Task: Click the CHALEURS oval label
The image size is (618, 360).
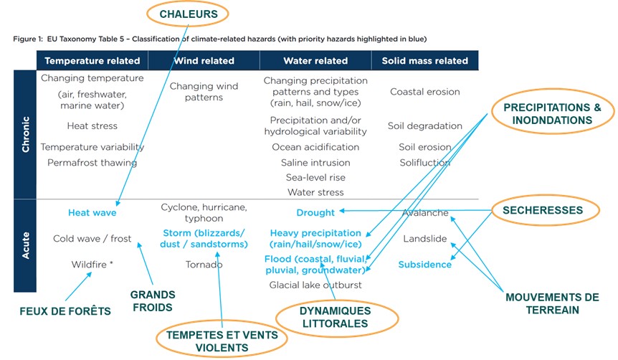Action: (x=188, y=14)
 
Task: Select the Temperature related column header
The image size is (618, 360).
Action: (x=92, y=61)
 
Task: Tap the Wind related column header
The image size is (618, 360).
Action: (x=204, y=61)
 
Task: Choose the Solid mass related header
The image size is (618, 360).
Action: (x=425, y=61)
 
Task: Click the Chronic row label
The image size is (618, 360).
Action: (x=25, y=134)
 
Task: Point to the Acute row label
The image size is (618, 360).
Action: (x=25, y=245)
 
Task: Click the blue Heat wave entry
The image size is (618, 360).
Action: (x=92, y=213)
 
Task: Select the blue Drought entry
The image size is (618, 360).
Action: (x=315, y=213)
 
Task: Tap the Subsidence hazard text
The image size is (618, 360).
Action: (x=425, y=265)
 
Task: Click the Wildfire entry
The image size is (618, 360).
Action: (x=92, y=265)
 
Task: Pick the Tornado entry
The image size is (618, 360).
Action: (x=204, y=265)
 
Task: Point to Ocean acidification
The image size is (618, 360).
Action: (x=315, y=147)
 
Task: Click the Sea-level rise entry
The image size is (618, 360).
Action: (x=315, y=177)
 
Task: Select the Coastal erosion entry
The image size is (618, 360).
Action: (x=425, y=92)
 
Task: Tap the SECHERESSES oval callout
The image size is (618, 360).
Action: (x=546, y=210)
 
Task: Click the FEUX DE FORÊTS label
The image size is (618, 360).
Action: (x=65, y=311)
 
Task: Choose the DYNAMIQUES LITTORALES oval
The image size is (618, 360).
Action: (x=336, y=318)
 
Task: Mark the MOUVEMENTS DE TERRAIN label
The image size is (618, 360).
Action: (x=552, y=303)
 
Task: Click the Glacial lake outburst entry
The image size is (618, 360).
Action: (x=315, y=285)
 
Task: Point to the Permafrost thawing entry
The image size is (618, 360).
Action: (x=92, y=163)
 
